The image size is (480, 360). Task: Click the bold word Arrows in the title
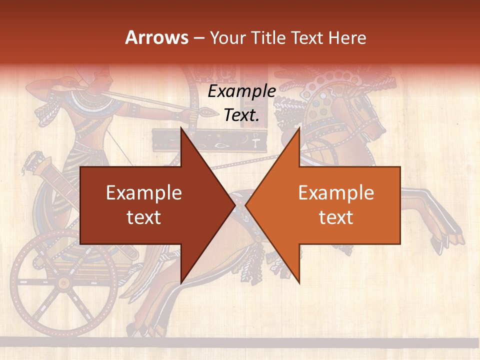157,37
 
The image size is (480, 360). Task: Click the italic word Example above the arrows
242,91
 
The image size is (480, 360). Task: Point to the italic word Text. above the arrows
242,115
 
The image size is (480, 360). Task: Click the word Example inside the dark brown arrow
144,193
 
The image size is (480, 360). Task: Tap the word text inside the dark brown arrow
144,217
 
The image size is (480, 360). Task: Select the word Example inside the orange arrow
336,193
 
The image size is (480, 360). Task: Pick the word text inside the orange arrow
336,217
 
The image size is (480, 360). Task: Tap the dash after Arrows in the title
199,38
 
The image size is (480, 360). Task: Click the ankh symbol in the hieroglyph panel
255,143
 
